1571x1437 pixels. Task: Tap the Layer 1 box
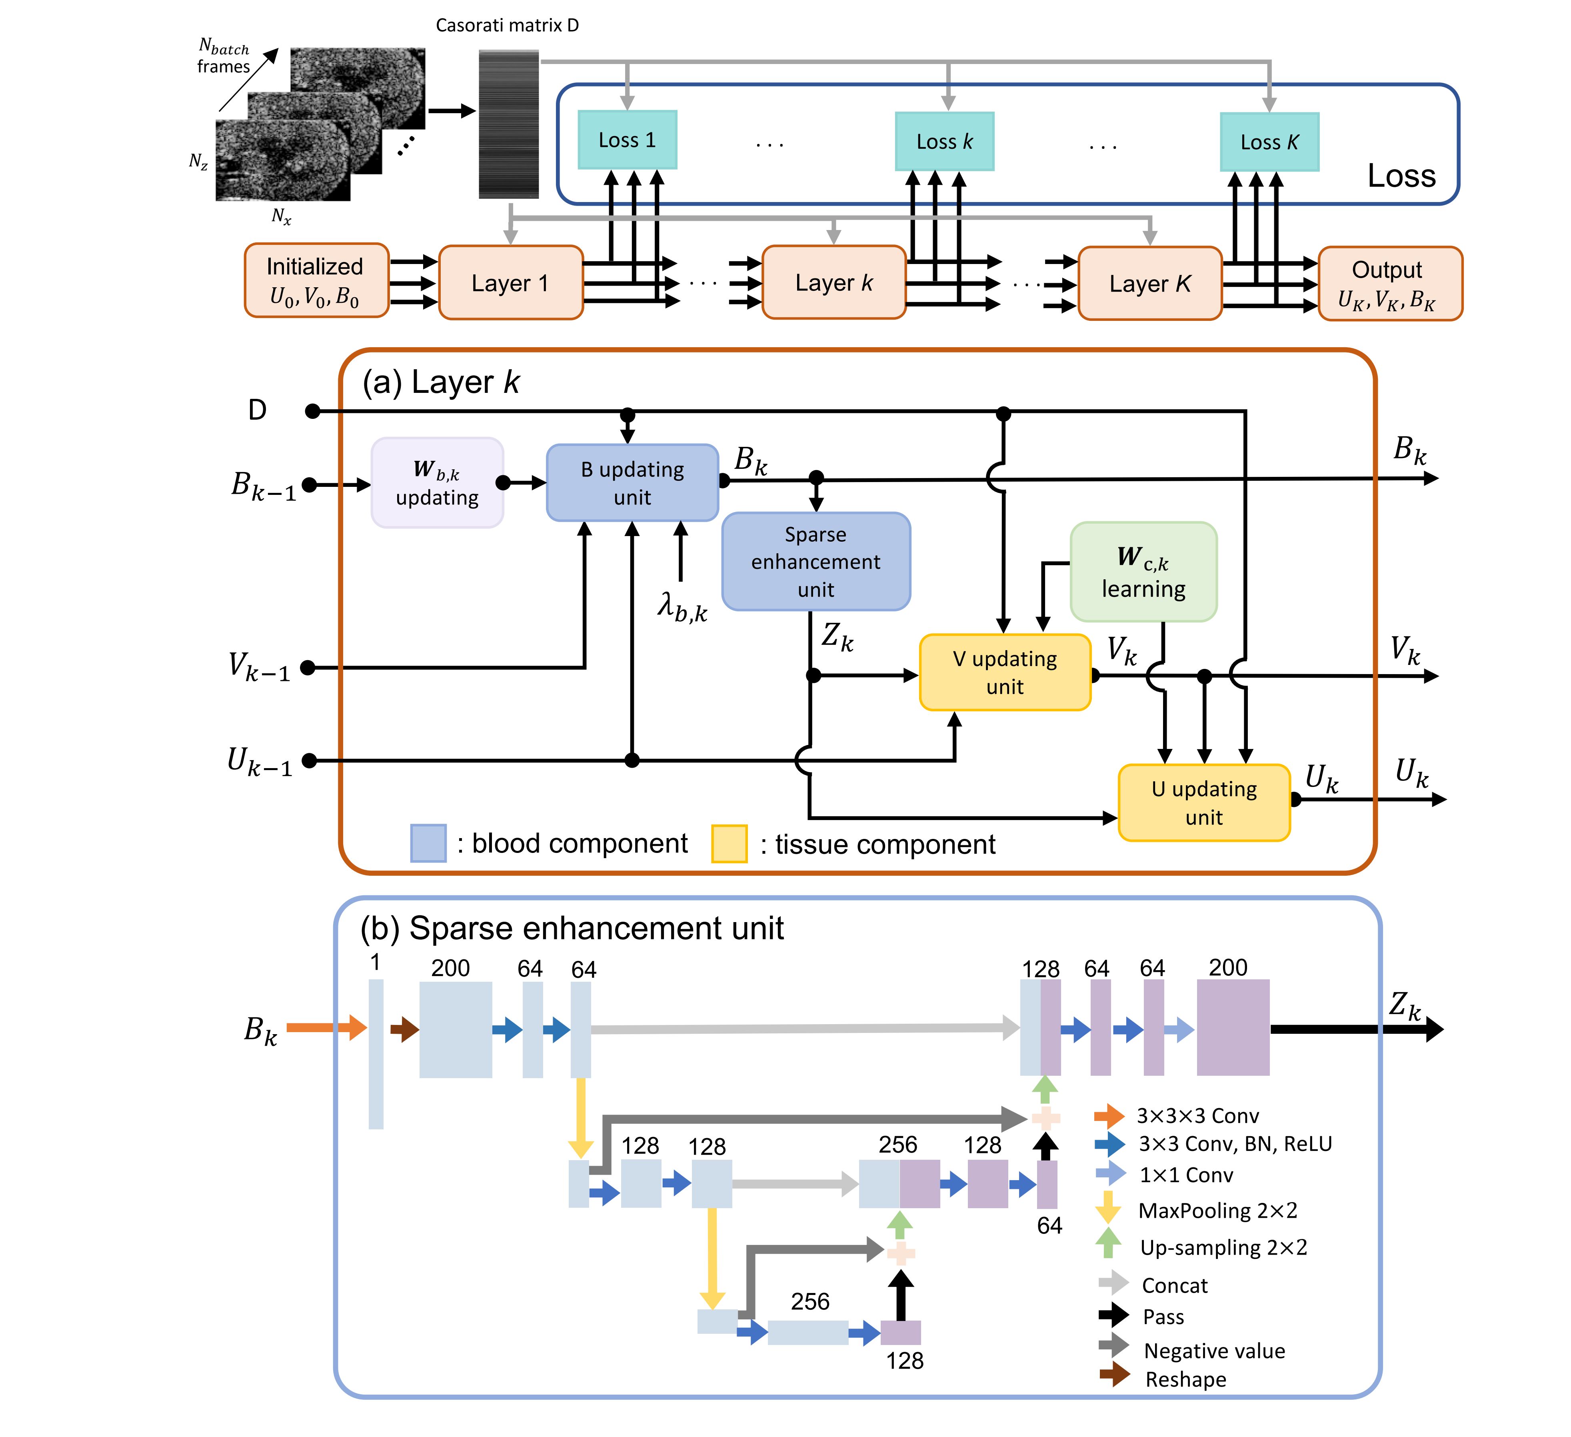point(510,283)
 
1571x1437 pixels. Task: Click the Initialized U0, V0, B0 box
point(316,280)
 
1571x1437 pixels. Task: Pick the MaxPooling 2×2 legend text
point(1217,1210)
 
